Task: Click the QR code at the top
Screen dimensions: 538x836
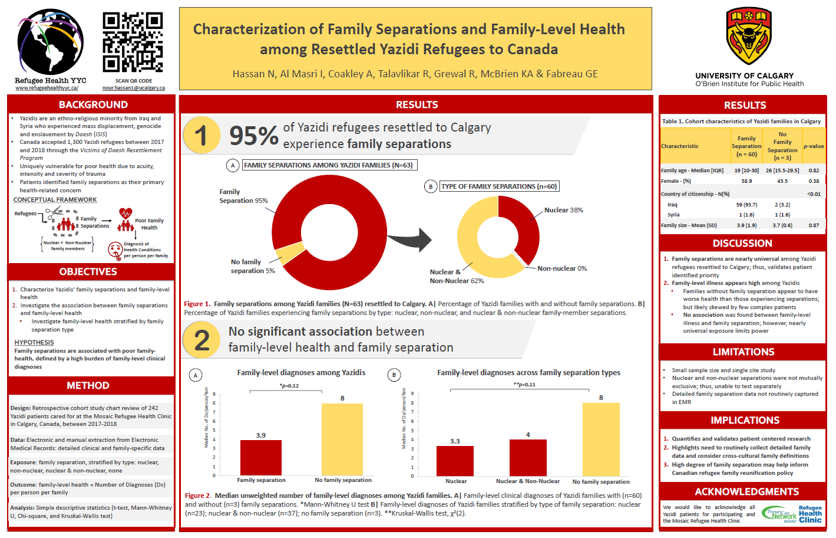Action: pyautogui.click(x=133, y=42)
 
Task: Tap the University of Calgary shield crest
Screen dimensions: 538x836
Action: pyautogui.click(x=748, y=37)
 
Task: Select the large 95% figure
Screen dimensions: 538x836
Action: pyautogui.click(x=253, y=136)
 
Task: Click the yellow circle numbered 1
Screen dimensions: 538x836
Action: pyautogui.click(x=201, y=135)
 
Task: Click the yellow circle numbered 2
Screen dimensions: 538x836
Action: pyautogui.click(x=201, y=340)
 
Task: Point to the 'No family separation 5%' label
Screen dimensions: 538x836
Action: pyautogui.click(x=253, y=267)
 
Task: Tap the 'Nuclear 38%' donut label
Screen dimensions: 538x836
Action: pyautogui.click(x=563, y=210)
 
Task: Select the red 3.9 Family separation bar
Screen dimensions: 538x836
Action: pyautogui.click(x=261, y=457)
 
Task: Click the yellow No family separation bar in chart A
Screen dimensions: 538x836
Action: pyautogui.click(x=342, y=439)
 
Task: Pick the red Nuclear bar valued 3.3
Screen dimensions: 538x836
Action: pyautogui.click(x=455, y=460)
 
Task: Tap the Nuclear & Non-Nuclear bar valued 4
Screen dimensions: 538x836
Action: pyautogui.click(x=528, y=457)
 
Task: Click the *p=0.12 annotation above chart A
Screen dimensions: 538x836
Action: pyautogui.click(x=289, y=386)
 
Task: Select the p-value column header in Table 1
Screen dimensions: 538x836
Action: pyautogui.click(x=814, y=146)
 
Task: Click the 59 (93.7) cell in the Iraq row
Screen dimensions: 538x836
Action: pyautogui.click(x=746, y=205)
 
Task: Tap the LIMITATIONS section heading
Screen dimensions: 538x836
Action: pyautogui.click(x=744, y=352)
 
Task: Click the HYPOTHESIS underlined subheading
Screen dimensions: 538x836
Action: pyautogui.click(x=34, y=342)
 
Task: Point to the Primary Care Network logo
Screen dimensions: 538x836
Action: pyautogui.click(x=779, y=514)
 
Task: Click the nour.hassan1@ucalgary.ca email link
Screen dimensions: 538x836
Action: pyautogui.click(x=134, y=88)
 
